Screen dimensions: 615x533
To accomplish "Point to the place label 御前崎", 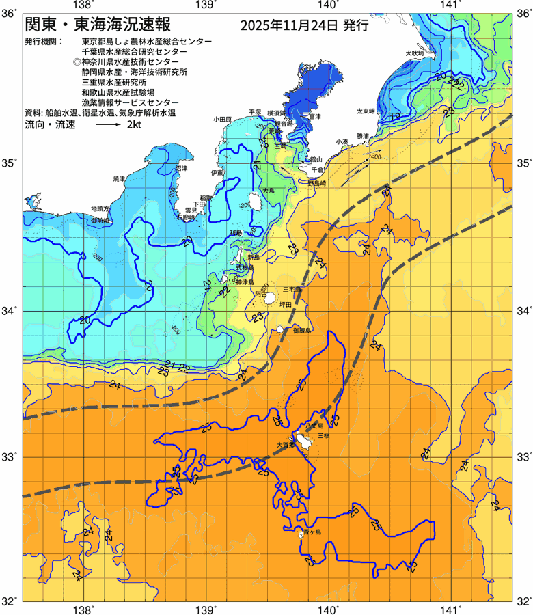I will [x=100, y=221].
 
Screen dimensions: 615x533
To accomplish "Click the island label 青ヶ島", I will [x=313, y=531].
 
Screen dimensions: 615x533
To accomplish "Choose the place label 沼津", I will [x=181, y=167].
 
